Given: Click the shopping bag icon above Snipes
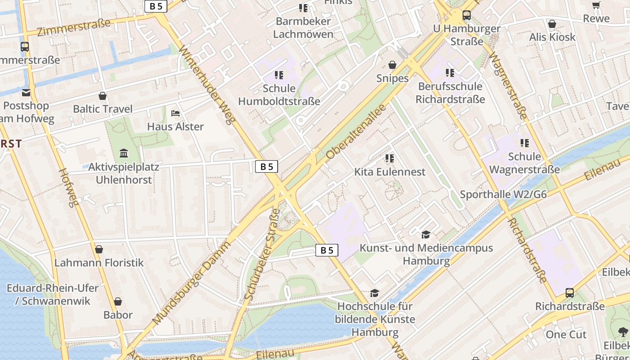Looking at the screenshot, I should point(392,65).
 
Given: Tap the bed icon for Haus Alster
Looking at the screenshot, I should point(175,113).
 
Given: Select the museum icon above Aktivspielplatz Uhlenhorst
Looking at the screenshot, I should point(124,153).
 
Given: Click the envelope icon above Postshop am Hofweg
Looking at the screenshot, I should point(26,92).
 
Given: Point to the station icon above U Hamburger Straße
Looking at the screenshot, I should point(467,15).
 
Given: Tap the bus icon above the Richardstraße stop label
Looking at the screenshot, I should point(570,293).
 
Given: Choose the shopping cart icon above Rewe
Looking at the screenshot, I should point(596,5).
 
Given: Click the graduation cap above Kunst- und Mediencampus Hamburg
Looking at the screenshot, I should point(426,234).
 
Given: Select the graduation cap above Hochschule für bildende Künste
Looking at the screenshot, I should point(374,293).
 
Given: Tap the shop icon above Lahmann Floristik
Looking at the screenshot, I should point(99,249).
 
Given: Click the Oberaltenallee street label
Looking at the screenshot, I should point(356,132).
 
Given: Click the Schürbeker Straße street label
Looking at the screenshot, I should point(262,254).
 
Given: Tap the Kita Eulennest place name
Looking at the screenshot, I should point(390,172).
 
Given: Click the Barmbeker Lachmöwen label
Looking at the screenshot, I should point(303,27).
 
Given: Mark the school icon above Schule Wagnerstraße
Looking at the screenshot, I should point(525,143).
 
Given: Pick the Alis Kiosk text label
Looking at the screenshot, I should point(552,37).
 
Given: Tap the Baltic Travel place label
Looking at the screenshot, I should point(103,109).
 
